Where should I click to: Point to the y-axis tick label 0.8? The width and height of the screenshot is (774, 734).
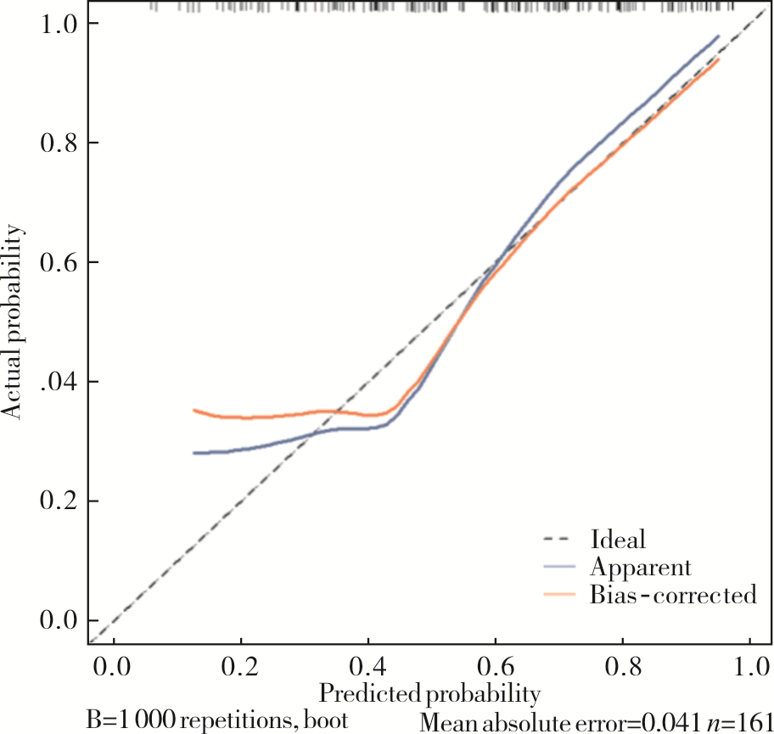tap(59, 143)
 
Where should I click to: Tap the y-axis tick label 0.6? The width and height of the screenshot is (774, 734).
tap(59, 262)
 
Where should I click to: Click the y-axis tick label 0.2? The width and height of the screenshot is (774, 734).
tap(59, 501)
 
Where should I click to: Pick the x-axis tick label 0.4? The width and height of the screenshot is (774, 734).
tap(367, 664)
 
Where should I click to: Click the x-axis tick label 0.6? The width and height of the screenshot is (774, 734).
tap(495, 664)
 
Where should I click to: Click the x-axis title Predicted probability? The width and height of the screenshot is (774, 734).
tap(429, 693)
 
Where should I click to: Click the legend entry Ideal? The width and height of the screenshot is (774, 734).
tap(617, 539)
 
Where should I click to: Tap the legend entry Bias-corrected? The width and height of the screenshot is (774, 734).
tap(671, 595)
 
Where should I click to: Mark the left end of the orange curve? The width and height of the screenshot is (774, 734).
tap(194, 410)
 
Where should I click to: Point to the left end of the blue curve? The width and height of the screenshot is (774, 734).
tap(194, 453)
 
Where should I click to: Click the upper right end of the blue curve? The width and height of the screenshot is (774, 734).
tap(718, 36)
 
